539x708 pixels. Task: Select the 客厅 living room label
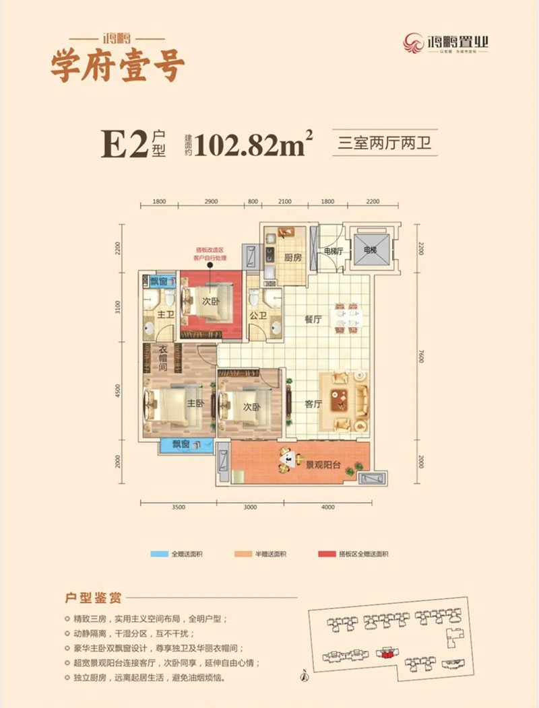[313, 404]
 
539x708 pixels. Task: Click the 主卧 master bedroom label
[195, 404]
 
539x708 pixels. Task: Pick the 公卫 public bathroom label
[257, 314]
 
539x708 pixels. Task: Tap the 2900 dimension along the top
[211, 201]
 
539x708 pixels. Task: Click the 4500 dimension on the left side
[118, 391]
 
